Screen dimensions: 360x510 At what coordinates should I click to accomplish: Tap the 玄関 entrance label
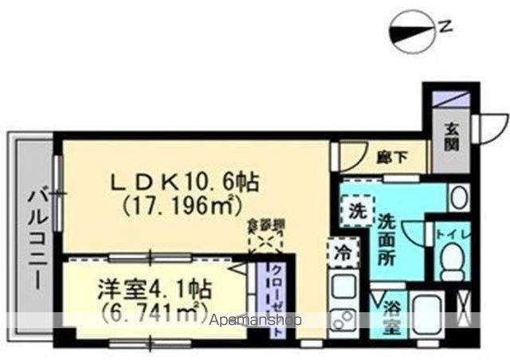point(452,138)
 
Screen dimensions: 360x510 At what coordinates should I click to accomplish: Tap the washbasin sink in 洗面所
point(457,198)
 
